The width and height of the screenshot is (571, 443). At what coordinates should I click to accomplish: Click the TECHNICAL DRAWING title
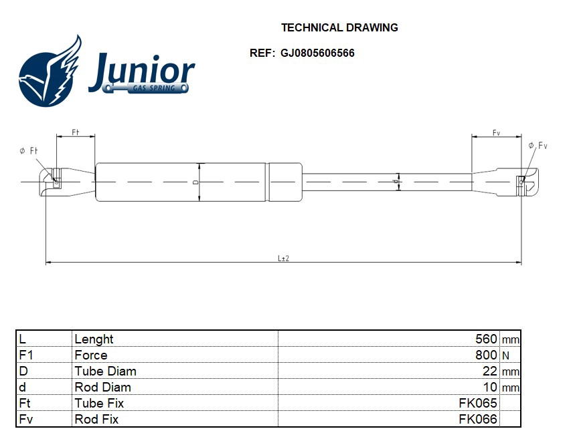tap(339, 27)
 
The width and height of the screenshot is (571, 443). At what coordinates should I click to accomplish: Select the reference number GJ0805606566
tap(318, 53)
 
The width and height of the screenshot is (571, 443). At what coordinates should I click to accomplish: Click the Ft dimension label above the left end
tap(76, 133)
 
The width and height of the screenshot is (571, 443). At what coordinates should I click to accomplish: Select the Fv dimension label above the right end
tap(496, 133)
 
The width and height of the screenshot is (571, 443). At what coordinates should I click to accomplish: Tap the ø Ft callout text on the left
tap(28, 152)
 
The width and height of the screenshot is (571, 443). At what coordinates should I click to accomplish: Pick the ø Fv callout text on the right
tap(538, 146)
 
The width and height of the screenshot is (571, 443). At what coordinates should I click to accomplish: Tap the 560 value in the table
tap(485, 339)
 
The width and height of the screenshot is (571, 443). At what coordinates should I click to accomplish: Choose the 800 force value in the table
tap(485, 355)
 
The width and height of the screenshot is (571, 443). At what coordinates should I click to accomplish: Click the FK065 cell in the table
tap(477, 403)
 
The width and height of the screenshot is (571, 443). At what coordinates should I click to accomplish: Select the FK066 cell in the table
tap(477, 419)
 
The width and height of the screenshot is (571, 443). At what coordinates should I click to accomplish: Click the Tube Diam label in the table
tap(105, 371)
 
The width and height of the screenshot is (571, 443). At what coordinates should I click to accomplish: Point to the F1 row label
tap(27, 355)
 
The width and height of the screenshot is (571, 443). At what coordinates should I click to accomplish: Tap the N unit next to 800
tap(505, 355)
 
